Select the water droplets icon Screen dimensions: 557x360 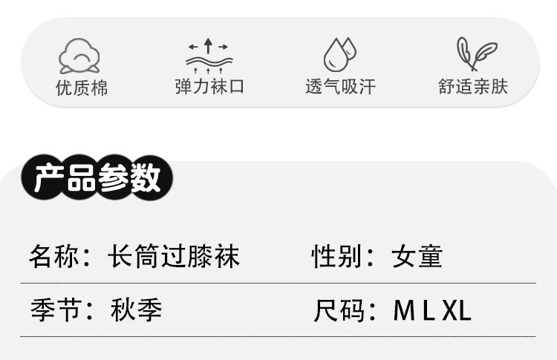(x=339, y=54)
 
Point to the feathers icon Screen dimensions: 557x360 (x=475, y=54)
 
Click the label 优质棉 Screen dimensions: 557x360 (x=82, y=88)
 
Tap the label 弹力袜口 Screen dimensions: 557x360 (x=209, y=87)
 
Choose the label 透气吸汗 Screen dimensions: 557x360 (x=340, y=87)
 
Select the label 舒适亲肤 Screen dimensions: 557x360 (x=473, y=87)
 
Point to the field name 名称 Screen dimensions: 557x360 (x=51, y=257)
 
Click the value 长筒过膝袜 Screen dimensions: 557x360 (x=174, y=257)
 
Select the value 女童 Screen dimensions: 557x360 (x=417, y=257)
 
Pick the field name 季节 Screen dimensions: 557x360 (x=51, y=310)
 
